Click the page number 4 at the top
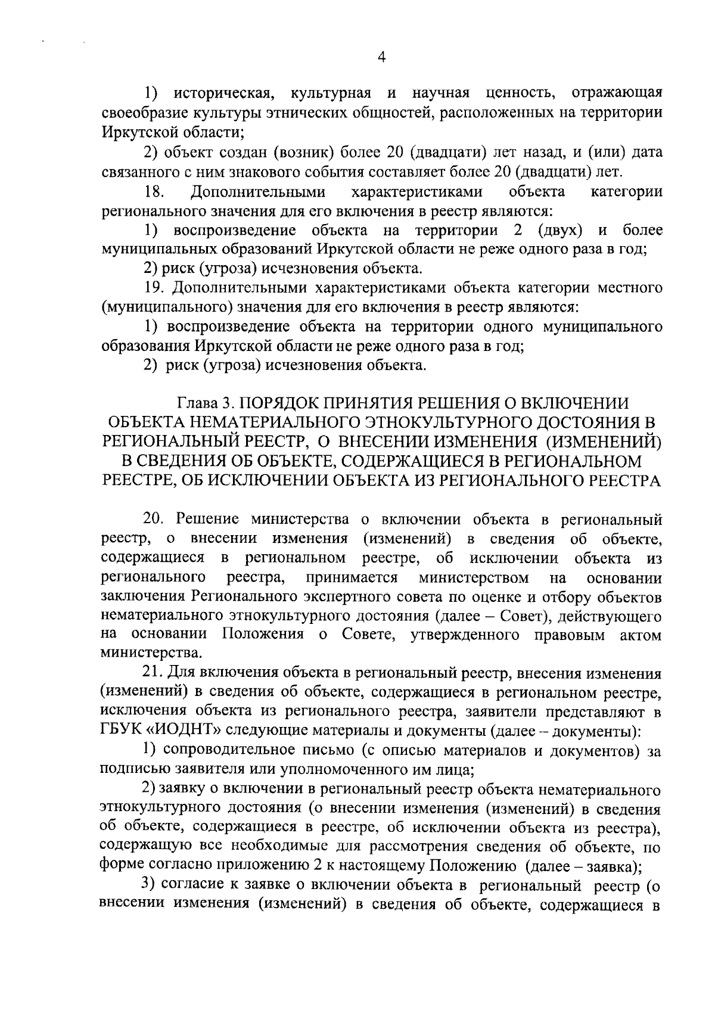tap(382, 57)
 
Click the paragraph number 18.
tap(154, 192)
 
